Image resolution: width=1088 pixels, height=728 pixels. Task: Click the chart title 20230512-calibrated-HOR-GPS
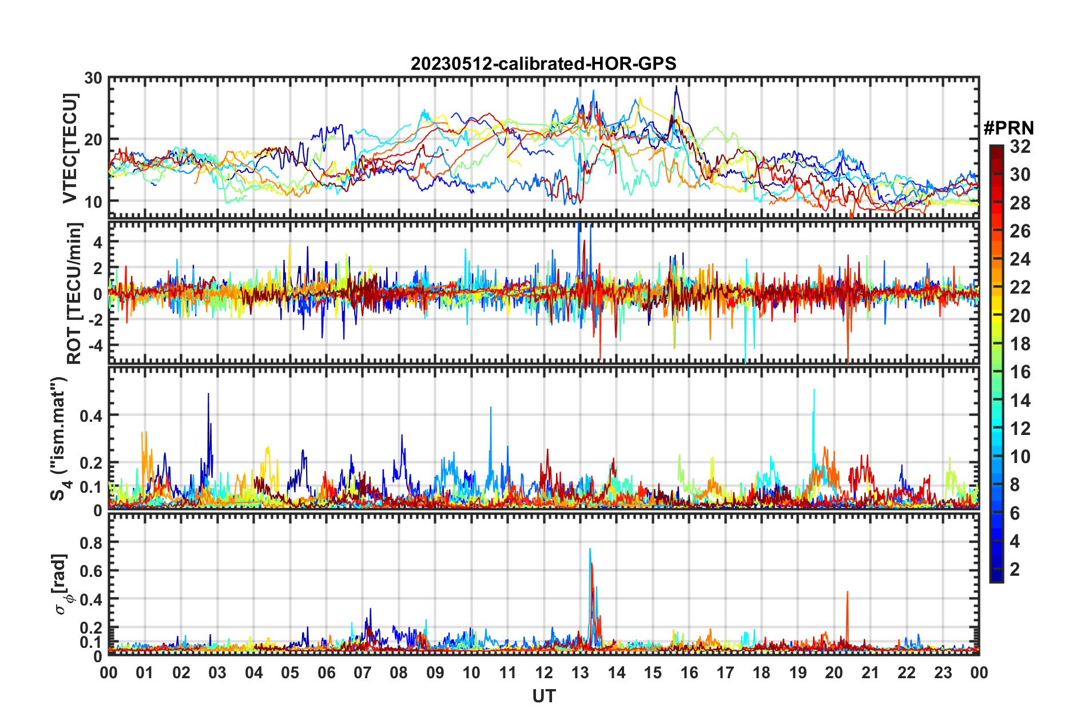click(543, 64)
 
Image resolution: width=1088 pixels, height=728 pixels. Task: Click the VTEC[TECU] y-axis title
click(70, 148)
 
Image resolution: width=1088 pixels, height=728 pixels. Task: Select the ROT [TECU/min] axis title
click(74, 294)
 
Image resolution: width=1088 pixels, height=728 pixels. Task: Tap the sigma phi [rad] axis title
click(62, 584)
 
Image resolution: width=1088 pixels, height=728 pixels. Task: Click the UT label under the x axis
click(543, 697)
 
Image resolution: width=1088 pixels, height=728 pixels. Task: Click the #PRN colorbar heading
click(1008, 128)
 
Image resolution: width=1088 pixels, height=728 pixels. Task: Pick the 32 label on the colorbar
click(1020, 147)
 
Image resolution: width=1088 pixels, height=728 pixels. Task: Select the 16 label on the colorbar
click(1020, 372)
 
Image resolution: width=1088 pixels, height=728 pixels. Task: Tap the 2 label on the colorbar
click(1015, 569)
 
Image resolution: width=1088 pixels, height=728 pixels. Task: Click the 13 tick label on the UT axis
click(580, 672)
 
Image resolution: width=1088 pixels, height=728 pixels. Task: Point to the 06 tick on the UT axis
click(326, 672)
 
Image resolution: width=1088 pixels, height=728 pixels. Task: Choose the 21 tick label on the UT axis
click(870, 672)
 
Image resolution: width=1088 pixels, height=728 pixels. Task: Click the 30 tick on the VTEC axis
click(93, 78)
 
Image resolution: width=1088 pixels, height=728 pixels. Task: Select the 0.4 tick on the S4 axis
click(91, 416)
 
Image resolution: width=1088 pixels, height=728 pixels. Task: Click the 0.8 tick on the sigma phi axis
click(92, 543)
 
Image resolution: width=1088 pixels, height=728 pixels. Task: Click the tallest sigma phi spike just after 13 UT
click(590, 549)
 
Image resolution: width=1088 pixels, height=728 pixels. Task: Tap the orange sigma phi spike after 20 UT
click(847, 592)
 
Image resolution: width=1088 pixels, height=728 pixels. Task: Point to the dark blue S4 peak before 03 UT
click(208, 394)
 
